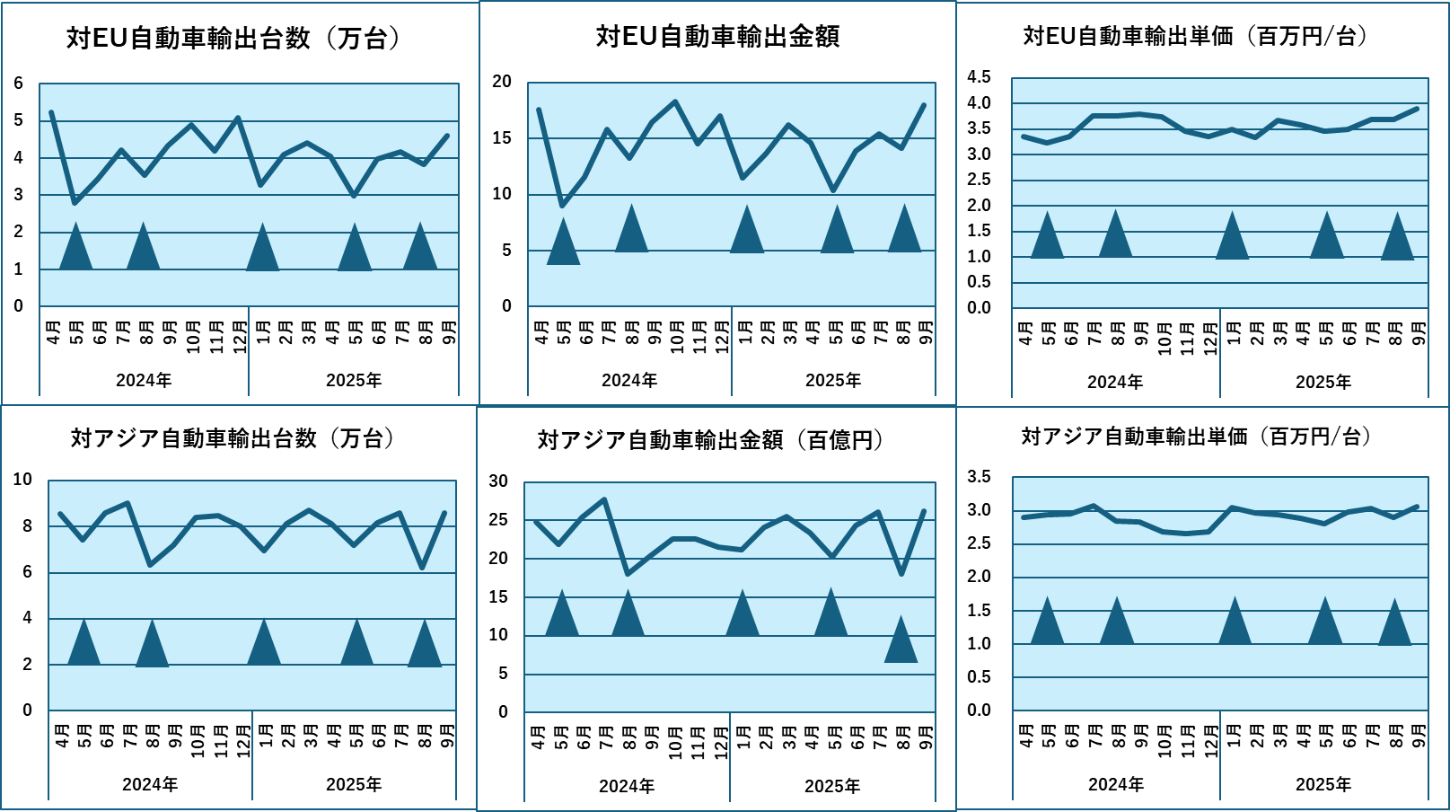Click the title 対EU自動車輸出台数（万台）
tap(233, 39)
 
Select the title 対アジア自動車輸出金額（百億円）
tap(710, 440)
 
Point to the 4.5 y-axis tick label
tap(979, 77)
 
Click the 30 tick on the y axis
tap(498, 481)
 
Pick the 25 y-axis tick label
tap(498, 520)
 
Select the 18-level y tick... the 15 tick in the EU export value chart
tap(502, 138)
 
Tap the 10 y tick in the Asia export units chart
tap(22, 480)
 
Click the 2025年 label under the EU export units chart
tap(354, 381)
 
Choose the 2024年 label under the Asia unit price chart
tap(1116, 785)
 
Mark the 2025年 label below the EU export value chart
tap(833, 381)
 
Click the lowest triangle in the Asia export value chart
tap(901, 641)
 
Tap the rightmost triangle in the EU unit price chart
tap(1397, 239)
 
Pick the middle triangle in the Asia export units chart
tap(264, 644)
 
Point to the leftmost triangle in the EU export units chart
tap(75, 249)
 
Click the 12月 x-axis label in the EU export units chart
tap(240, 337)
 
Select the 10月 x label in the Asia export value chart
tap(675, 742)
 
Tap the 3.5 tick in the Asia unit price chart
tap(979, 477)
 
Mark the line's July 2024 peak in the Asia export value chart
tap(604, 499)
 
